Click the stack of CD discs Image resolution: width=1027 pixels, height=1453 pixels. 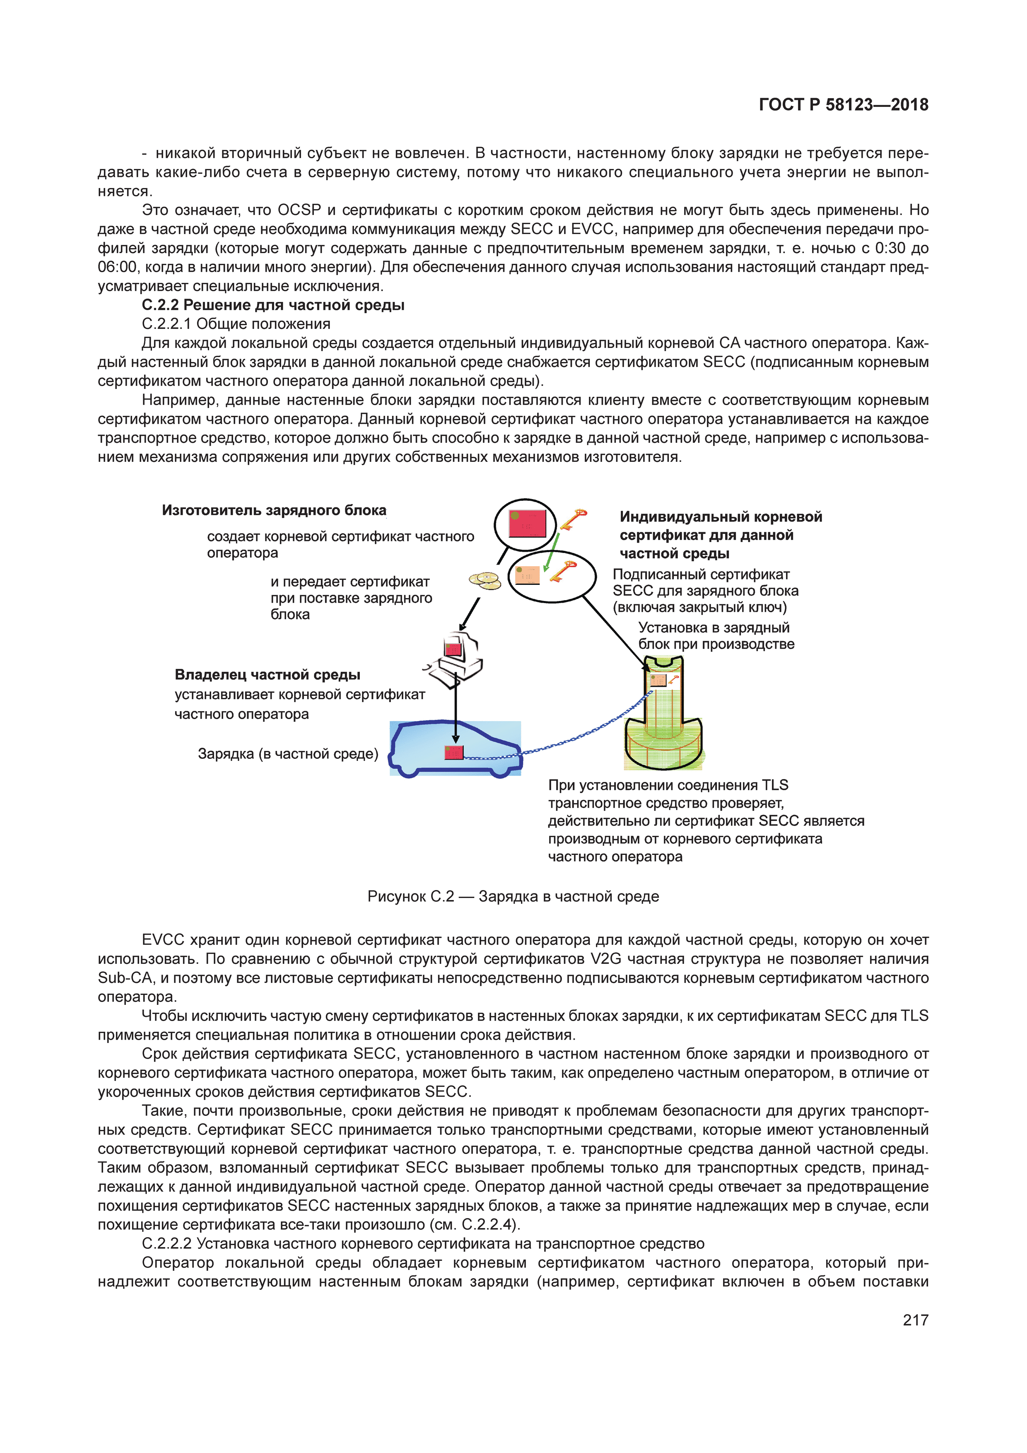(x=485, y=580)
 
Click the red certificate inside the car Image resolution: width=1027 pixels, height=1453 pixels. (x=454, y=753)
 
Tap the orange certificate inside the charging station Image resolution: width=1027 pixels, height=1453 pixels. (x=658, y=680)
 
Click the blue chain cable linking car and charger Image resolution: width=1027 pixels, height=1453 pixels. (x=569, y=737)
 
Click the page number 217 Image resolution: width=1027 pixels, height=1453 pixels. (x=915, y=1320)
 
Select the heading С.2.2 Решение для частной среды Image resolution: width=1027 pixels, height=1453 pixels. (x=273, y=305)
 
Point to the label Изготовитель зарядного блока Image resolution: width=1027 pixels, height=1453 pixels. (x=274, y=510)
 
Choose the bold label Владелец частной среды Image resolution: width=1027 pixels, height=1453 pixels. (x=267, y=675)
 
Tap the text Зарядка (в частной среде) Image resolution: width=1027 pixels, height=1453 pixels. (x=288, y=754)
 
